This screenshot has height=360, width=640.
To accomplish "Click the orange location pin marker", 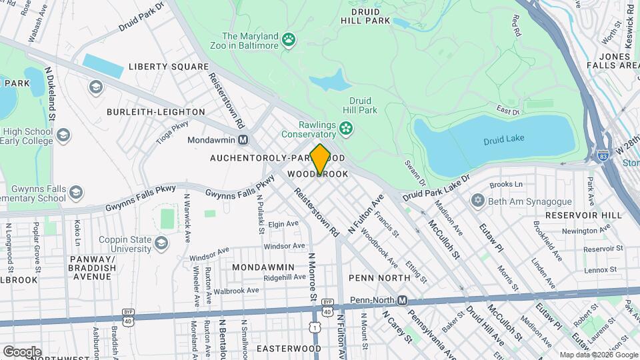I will click(x=320, y=159).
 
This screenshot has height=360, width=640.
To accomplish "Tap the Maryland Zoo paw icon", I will click(x=289, y=41).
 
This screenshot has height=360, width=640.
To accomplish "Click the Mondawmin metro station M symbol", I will click(x=243, y=140).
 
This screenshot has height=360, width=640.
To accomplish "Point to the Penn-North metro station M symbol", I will click(x=402, y=301).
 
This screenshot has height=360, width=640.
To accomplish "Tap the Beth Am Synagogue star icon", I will click(x=477, y=201).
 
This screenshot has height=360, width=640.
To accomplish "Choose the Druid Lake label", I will click(x=504, y=139).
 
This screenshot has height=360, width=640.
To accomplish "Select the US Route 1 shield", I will click(x=314, y=327).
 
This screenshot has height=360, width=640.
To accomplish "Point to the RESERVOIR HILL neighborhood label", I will click(x=583, y=215).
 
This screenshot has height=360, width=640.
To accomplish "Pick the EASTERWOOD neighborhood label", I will click(x=289, y=349).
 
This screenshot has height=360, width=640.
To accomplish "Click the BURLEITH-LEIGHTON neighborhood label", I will click(x=156, y=111).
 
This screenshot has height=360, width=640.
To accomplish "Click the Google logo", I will click(x=22, y=351).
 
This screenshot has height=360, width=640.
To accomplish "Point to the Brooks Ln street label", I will click(x=506, y=185).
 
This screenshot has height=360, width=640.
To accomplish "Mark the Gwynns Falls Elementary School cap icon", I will click(x=75, y=193).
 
